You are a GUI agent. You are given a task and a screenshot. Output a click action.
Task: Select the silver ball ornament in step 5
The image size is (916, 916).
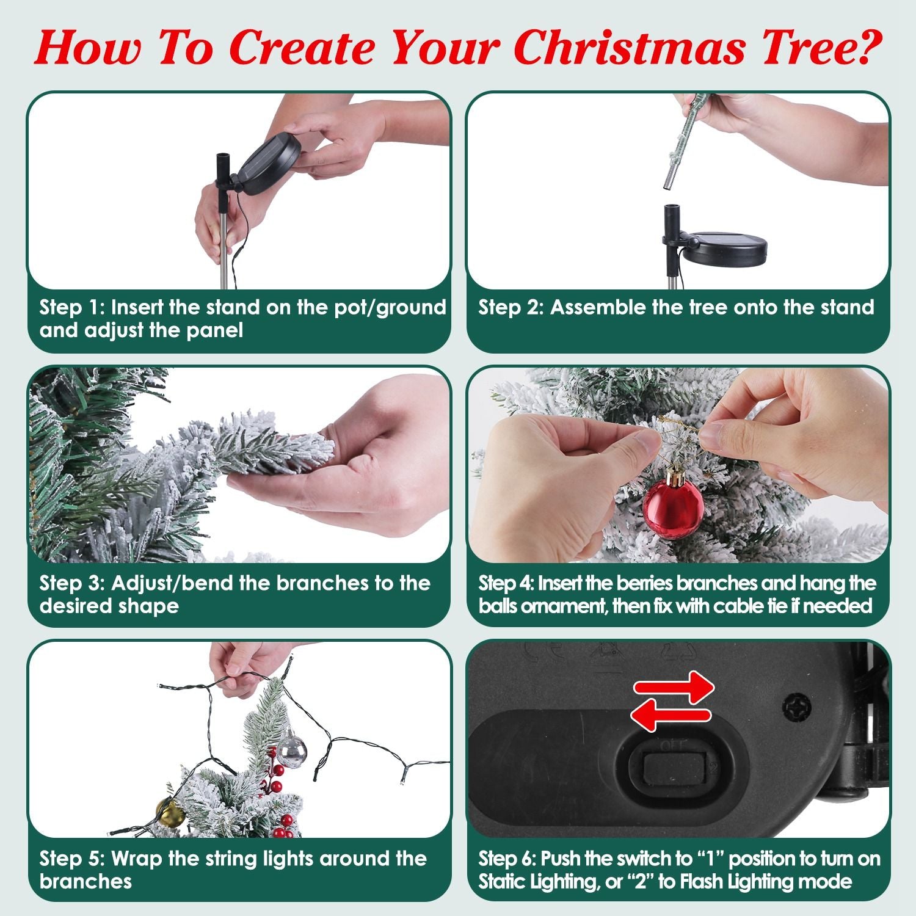coord(292,752)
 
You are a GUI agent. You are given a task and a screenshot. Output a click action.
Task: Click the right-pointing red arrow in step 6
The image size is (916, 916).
coord(674,688)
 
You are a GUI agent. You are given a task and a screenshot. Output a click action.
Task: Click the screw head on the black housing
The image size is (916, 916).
coord(797,707)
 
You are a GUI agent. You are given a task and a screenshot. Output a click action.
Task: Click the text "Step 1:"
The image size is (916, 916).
coord(71,307)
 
